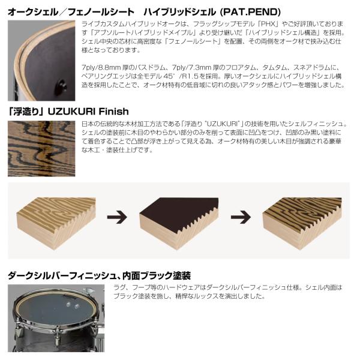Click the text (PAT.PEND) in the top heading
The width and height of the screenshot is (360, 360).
(250, 12)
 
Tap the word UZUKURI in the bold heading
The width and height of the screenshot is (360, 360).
(71, 112)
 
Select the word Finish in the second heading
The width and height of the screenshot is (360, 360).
(113, 112)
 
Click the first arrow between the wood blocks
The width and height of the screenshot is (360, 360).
(117, 217)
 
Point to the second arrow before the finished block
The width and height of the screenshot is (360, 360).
(241, 217)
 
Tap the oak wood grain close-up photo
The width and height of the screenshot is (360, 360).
(41, 149)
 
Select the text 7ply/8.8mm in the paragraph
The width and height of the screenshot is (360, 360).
(101, 68)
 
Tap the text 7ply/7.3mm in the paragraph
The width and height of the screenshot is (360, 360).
(192, 68)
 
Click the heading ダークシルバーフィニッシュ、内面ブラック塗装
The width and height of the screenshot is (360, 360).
(99, 275)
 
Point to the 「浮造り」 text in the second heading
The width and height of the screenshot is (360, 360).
(26, 112)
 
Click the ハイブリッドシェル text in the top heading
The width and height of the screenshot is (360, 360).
(179, 12)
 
